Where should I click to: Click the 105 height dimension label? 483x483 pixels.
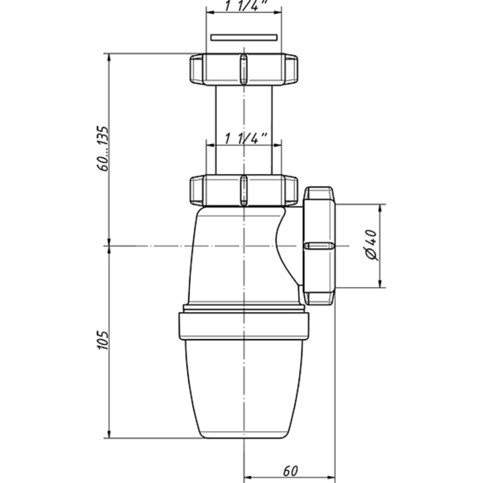pos(103,340)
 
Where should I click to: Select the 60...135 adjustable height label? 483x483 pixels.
pos(102,149)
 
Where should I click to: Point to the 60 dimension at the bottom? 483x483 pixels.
pos(291,471)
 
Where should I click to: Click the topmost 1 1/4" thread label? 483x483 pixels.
pos(245,5)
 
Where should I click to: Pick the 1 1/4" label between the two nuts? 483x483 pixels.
pos(246,138)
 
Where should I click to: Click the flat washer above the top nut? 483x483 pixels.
pos(244,38)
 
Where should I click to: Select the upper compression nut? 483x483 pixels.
pos(244,69)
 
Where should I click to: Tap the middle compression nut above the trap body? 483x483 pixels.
pos(244,191)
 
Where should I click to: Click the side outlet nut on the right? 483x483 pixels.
pos(319,245)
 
